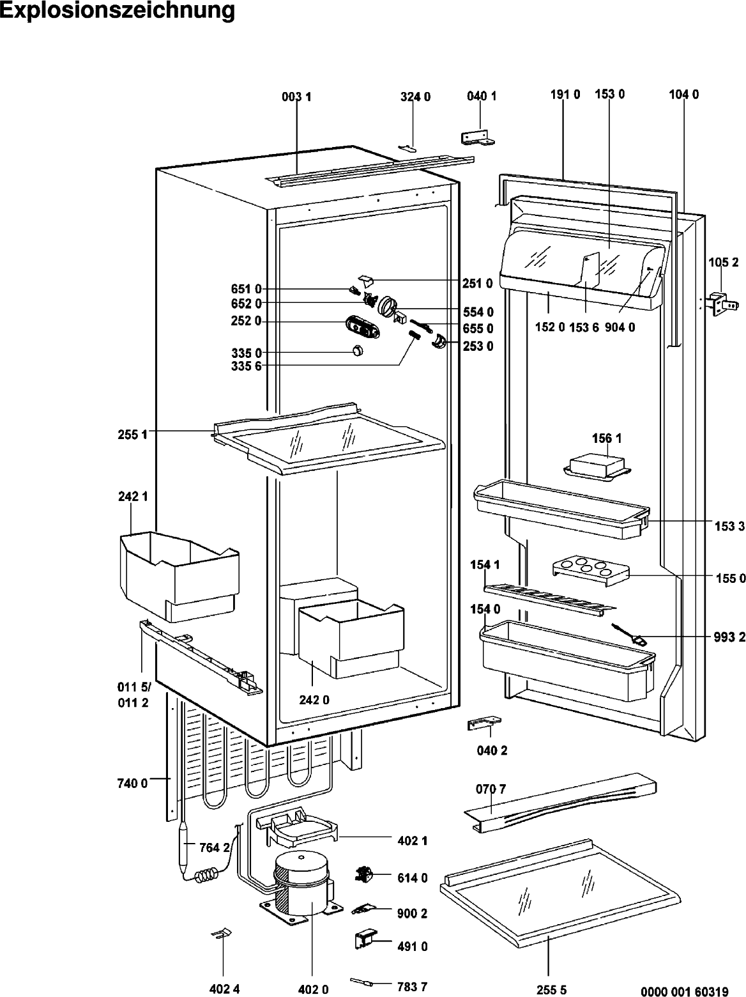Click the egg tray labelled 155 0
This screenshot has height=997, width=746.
click(591, 571)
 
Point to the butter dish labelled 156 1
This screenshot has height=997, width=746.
click(597, 467)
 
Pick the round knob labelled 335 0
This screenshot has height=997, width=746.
click(358, 350)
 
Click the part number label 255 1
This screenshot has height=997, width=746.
click(132, 435)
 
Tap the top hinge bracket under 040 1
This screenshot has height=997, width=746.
click(477, 138)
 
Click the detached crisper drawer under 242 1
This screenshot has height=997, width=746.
click(179, 576)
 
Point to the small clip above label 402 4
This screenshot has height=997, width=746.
click(222, 934)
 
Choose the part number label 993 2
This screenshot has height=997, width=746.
click(729, 637)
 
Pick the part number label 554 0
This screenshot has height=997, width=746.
click(478, 312)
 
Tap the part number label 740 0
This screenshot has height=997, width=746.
click(132, 783)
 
